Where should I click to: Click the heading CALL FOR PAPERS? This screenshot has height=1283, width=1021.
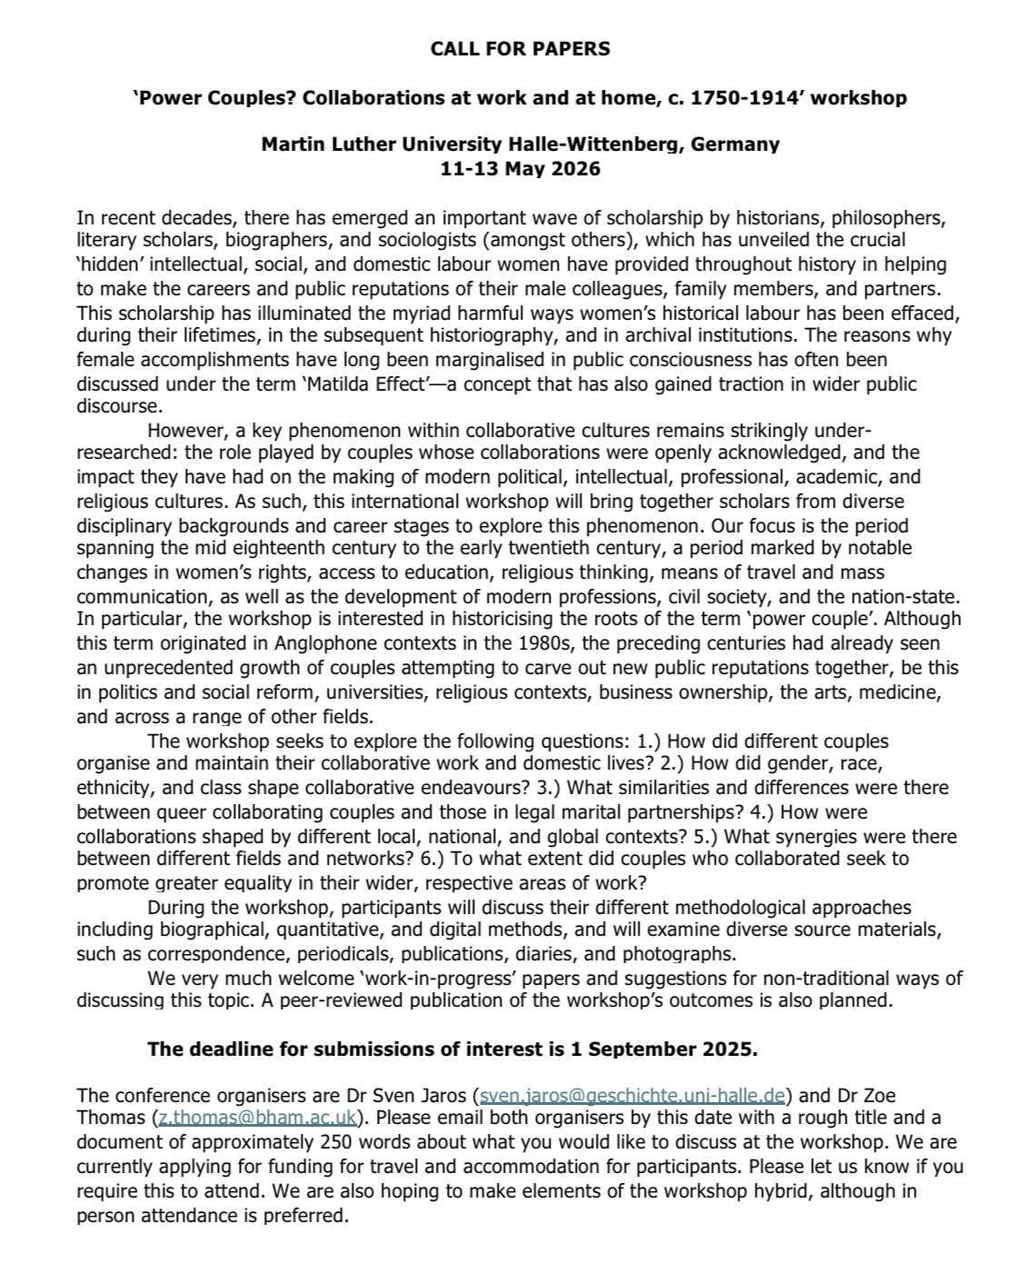coord(520,49)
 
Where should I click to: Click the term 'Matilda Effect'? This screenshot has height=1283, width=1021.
coord(354,383)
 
